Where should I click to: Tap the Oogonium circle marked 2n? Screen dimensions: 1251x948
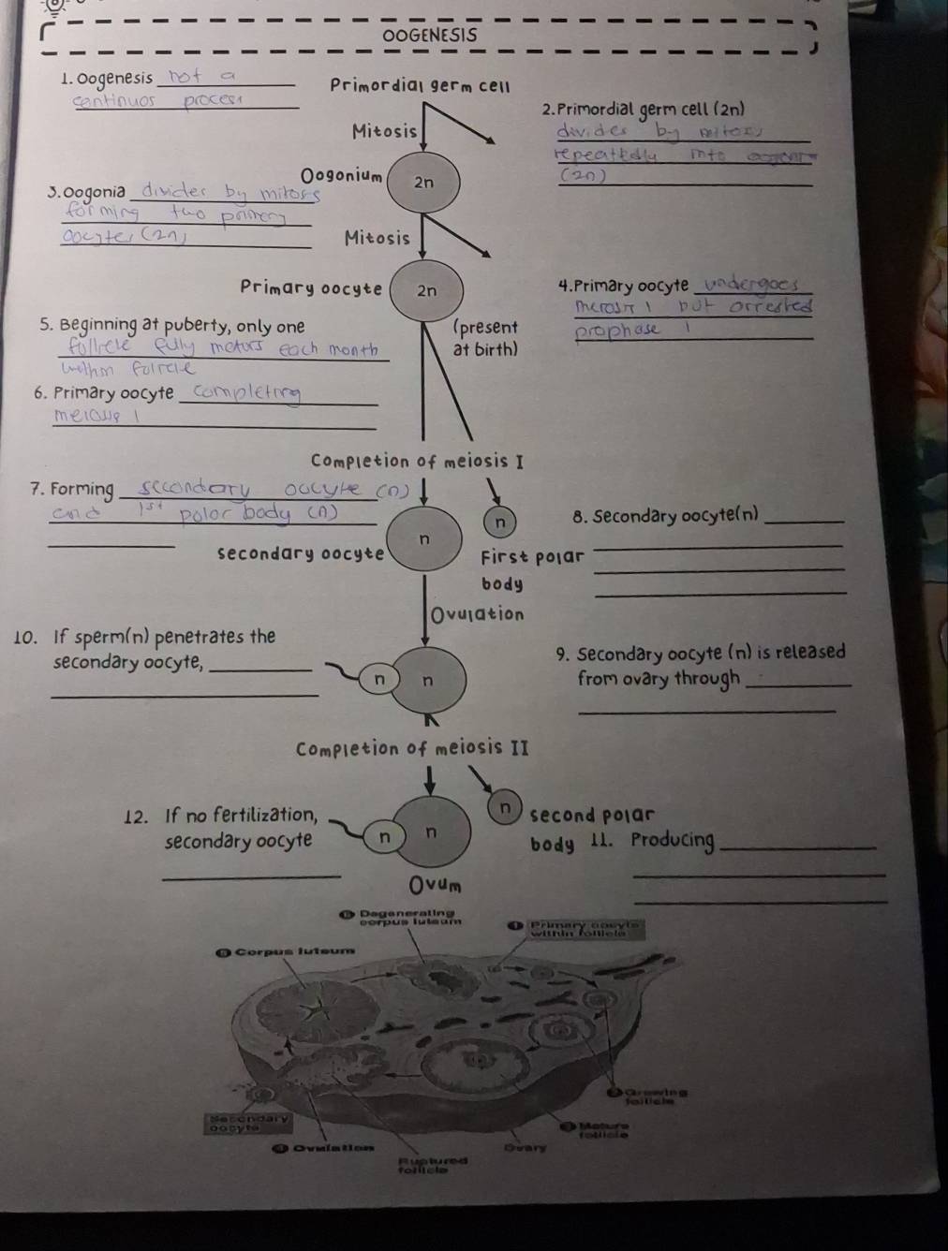pos(424,184)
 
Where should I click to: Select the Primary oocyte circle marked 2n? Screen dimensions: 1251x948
pos(426,290)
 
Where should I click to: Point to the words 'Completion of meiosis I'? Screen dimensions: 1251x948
pos(417,461)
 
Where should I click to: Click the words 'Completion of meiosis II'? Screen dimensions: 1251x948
pos(413,749)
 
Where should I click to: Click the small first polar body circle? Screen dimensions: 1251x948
pos(499,522)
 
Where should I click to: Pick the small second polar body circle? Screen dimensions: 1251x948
pos(506,806)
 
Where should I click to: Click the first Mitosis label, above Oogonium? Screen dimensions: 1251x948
pos(384,131)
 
